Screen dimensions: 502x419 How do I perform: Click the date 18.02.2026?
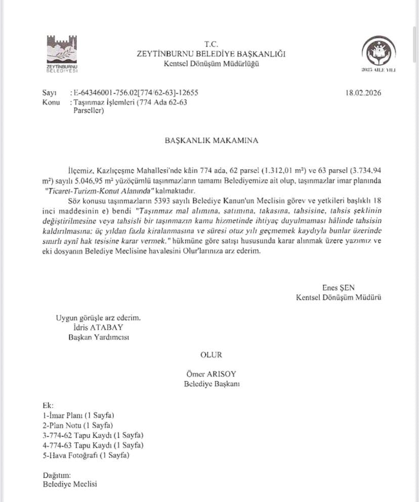click(x=363, y=93)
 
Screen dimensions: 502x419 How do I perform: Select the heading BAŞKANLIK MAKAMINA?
click(x=211, y=140)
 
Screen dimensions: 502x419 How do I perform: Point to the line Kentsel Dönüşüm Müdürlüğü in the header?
click(x=211, y=63)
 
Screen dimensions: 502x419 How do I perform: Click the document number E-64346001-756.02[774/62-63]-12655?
click(x=135, y=93)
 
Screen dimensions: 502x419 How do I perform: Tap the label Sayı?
click(x=50, y=93)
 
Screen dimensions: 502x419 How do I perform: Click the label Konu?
click(x=51, y=102)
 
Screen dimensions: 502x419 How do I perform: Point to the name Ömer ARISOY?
click(x=212, y=374)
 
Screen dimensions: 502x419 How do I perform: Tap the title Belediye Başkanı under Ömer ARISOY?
click(x=212, y=384)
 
